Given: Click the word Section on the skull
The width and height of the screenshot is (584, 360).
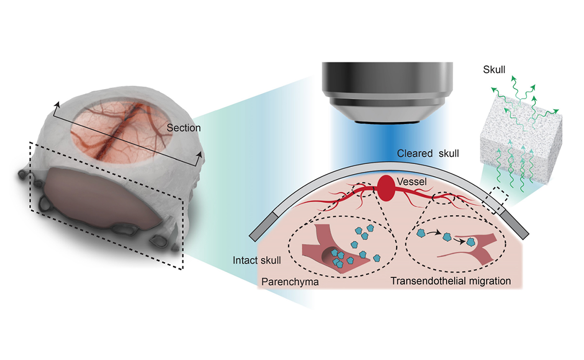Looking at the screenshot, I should click(183, 128).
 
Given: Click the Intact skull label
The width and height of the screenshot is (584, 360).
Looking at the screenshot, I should click(257, 260).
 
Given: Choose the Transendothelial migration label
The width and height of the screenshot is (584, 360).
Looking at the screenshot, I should click(451, 281).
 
